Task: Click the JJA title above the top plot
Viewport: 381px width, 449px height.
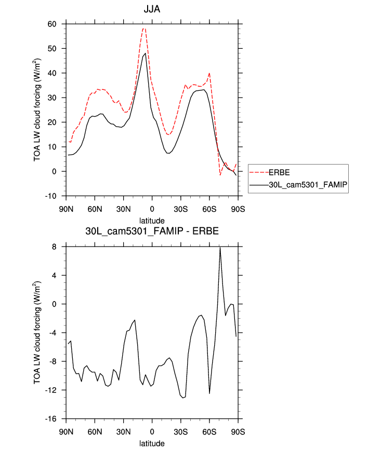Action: (x=152, y=9)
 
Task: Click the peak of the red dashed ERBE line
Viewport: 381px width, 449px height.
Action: (x=144, y=29)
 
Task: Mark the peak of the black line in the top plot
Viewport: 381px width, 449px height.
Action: (x=146, y=53)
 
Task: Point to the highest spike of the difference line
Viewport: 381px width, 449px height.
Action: (x=220, y=248)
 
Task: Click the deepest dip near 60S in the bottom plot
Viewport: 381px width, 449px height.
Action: (x=209, y=393)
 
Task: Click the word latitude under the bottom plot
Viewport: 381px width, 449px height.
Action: (x=152, y=443)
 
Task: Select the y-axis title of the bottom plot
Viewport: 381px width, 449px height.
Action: (x=37, y=333)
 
